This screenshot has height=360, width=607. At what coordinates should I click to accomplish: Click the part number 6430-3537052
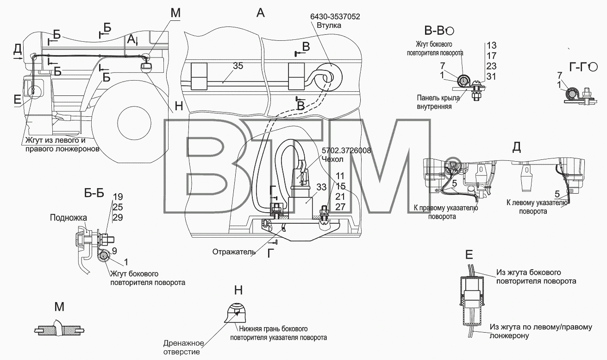(x=335, y=17)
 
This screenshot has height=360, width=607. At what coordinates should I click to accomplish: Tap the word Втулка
(x=329, y=25)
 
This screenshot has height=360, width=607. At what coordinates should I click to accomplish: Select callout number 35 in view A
(x=238, y=66)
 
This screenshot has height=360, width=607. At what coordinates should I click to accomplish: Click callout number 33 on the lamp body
(x=321, y=187)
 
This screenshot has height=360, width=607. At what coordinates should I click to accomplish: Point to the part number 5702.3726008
(x=346, y=151)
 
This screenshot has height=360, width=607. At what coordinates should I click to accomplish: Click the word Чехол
(x=332, y=159)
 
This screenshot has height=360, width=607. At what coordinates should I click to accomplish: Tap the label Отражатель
(x=234, y=252)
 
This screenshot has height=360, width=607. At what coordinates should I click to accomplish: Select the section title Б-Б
(x=94, y=193)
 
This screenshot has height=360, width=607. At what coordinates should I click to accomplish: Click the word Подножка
(x=69, y=218)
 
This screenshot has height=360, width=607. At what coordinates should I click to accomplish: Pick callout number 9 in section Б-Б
(x=114, y=251)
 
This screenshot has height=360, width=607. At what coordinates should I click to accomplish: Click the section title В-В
(x=436, y=31)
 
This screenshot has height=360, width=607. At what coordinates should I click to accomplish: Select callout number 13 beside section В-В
(x=491, y=45)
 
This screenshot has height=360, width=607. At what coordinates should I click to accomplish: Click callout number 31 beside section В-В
(x=491, y=76)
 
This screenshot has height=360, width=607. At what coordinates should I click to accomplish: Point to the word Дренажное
(x=183, y=343)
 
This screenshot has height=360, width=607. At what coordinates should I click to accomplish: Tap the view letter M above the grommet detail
(x=59, y=307)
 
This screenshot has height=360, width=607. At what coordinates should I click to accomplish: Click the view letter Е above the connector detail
(x=469, y=255)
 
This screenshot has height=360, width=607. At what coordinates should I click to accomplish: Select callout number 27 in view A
(x=340, y=207)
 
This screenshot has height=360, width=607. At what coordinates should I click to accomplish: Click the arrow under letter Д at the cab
(x=19, y=58)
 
